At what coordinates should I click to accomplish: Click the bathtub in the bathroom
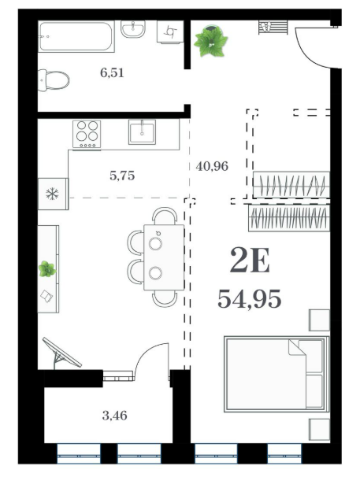(x=76, y=36)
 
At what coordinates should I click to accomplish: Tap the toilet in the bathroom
(x=54, y=80)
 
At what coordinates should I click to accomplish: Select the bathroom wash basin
(x=133, y=29)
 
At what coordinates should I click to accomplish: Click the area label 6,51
(x=112, y=73)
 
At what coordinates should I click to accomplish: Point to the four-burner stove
(x=87, y=134)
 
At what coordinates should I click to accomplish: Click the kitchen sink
(x=142, y=131)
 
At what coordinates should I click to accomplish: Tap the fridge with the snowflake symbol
(x=53, y=194)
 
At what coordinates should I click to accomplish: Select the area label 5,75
(x=122, y=176)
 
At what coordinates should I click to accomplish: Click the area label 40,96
(x=212, y=166)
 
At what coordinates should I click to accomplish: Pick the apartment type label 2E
(x=250, y=260)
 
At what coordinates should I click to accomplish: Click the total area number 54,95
(x=250, y=299)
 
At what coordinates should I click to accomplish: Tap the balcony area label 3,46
(x=114, y=416)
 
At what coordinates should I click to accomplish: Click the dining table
(x=164, y=257)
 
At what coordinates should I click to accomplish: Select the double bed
(x=276, y=374)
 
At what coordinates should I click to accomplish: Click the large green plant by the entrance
(x=211, y=41)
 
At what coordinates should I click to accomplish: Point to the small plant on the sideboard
(x=47, y=269)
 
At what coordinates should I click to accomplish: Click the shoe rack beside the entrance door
(x=273, y=27)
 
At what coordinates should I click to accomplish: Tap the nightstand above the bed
(x=319, y=320)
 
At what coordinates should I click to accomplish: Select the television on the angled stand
(x=61, y=353)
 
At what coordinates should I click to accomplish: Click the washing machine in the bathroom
(x=170, y=31)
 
